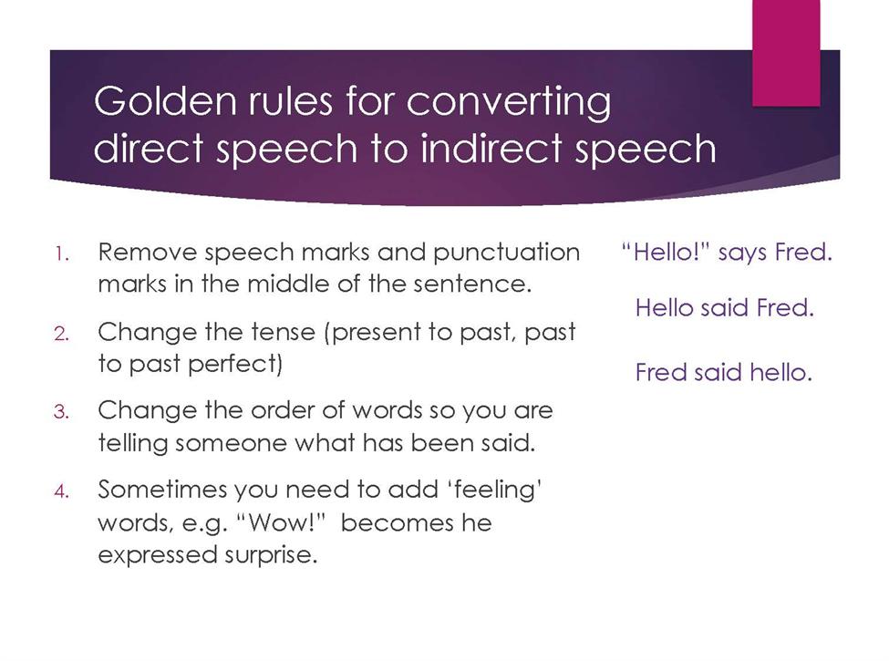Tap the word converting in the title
tap(509, 103)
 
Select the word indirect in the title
tap(491, 149)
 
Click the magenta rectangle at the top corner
tap(786, 53)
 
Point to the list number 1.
tap(62, 253)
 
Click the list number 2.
tap(61, 334)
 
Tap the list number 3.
tap(61, 411)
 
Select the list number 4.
tap(61, 491)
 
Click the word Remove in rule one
tap(148, 253)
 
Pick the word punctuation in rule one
tap(506, 253)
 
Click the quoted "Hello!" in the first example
tap(666, 252)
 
